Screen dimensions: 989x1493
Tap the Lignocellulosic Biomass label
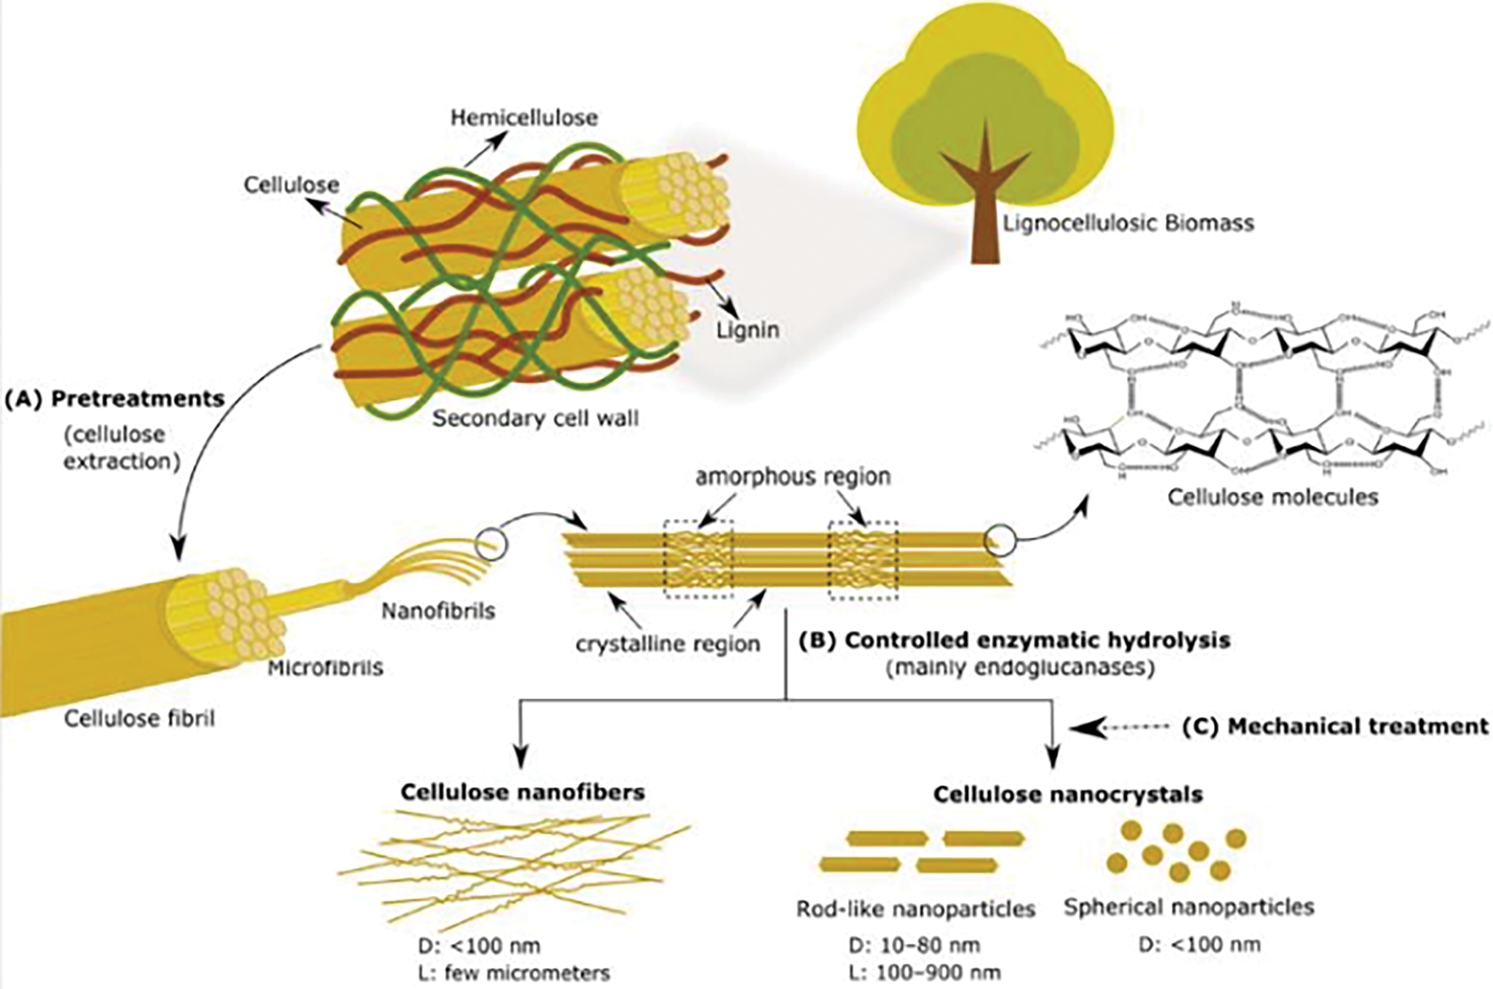[x=1128, y=224]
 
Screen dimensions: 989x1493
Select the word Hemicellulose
[x=524, y=118]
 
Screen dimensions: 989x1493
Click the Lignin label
[x=747, y=330]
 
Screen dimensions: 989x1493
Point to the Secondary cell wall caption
[x=535, y=419]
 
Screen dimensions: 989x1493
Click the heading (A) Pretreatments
[x=115, y=399]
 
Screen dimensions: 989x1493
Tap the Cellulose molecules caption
[x=1272, y=497]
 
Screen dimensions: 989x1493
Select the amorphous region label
[x=793, y=477]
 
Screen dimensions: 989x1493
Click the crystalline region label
[x=668, y=644]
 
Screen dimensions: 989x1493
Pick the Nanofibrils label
[x=438, y=611]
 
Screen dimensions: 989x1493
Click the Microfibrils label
[x=325, y=668]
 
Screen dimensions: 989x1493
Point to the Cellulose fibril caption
[x=139, y=719]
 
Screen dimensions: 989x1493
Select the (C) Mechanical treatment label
[x=1335, y=726]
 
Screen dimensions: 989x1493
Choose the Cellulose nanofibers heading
[x=523, y=792]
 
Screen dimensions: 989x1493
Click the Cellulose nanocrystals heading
[x=1068, y=794]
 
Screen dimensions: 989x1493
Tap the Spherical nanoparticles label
[x=1189, y=908]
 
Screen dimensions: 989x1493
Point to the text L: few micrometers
[x=513, y=973]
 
